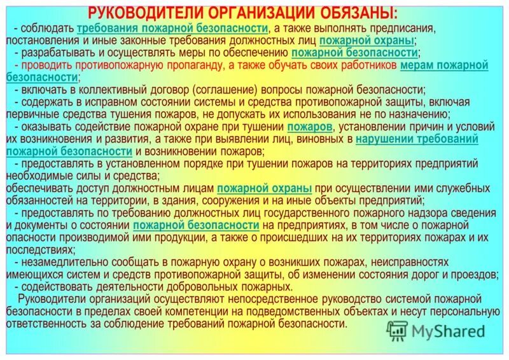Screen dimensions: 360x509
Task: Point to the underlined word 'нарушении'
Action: pos(384,139)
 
